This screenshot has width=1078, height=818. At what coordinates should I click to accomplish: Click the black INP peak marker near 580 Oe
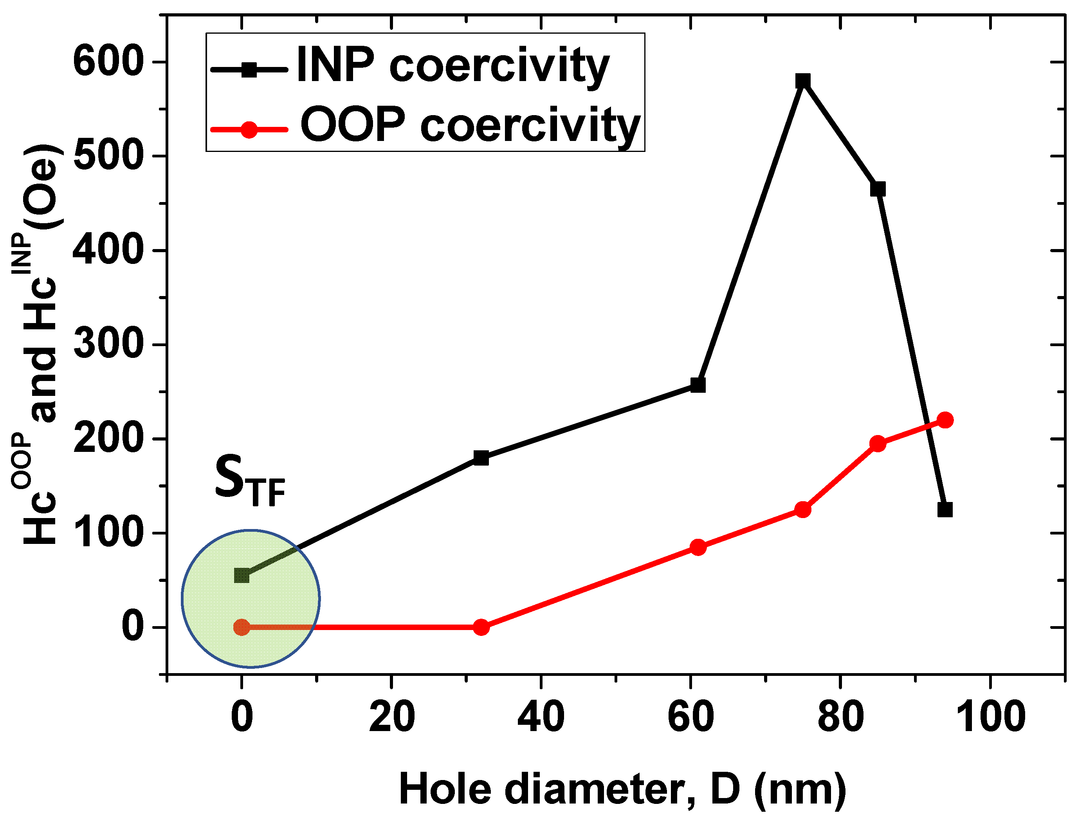pyautogui.click(x=803, y=81)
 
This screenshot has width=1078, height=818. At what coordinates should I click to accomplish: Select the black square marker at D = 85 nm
pyautogui.click(x=878, y=189)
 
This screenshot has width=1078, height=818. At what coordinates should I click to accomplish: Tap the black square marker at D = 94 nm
pyautogui.click(x=945, y=510)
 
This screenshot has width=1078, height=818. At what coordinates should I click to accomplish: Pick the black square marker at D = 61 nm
pyautogui.click(x=698, y=385)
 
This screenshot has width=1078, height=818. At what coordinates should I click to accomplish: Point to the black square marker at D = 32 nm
pyautogui.click(x=481, y=458)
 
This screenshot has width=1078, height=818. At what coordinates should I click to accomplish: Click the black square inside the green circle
pyautogui.click(x=242, y=576)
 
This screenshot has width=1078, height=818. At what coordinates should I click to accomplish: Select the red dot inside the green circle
pyautogui.click(x=242, y=627)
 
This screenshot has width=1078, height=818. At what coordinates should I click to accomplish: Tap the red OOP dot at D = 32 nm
pyautogui.click(x=481, y=627)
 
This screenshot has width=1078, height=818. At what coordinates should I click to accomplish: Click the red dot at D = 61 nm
pyautogui.click(x=698, y=547)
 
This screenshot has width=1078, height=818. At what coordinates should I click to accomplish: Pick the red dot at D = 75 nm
pyautogui.click(x=803, y=510)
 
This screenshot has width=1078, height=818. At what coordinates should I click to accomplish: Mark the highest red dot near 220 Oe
pyautogui.click(x=945, y=420)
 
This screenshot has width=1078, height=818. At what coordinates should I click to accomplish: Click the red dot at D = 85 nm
pyautogui.click(x=878, y=444)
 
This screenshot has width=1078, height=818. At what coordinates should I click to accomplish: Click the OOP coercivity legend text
pyautogui.click(x=470, y=125)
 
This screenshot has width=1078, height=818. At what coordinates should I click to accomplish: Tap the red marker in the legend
pyautogui.click(x=249, y=130)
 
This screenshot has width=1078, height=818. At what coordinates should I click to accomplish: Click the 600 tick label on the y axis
pyautogui.click(x=107, y=62)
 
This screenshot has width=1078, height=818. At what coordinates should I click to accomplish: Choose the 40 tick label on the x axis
pyautogui.click(x=541, y=717)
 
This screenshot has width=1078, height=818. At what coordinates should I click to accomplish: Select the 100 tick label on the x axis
pyautogui.click(x=990, y=717)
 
